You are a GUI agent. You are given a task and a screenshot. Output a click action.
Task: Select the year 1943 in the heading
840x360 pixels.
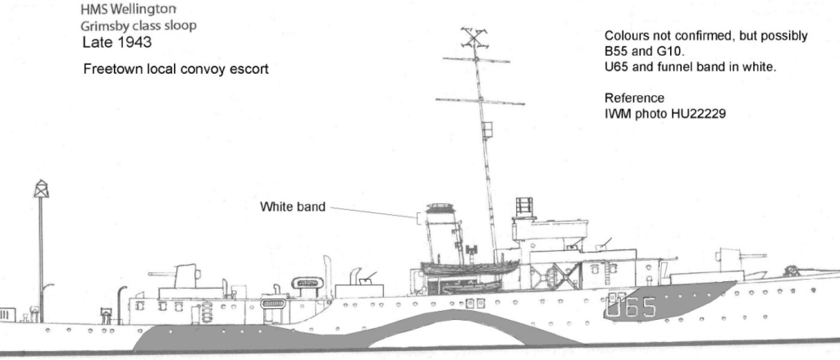(134, 43)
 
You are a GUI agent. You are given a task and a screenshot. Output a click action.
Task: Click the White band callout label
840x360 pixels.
(293, 207)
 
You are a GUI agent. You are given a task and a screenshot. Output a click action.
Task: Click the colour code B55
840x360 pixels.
(615, 52)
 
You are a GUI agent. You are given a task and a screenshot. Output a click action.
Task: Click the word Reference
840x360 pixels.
(634, 98)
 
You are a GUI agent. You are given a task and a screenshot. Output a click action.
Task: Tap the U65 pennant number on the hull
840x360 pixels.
(632, 307)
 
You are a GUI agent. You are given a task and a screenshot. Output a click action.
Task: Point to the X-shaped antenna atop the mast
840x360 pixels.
(474, 39)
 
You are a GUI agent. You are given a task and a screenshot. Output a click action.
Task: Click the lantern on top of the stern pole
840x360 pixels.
(41, 189)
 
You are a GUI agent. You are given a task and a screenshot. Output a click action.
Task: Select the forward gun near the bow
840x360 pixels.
(742, 260)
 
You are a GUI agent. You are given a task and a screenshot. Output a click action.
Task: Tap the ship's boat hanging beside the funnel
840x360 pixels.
(470, 267)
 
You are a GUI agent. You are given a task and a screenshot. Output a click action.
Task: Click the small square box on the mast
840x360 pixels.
(487, 130)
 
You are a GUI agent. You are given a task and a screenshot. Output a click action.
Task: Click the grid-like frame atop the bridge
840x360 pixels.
(524, 207)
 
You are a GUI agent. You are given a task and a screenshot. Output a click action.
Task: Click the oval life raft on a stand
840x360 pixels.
(307, 283)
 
